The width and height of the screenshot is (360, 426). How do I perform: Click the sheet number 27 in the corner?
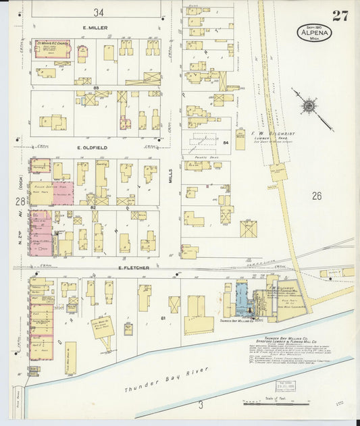point(340,16)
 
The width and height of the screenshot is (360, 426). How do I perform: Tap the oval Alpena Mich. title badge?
point(314,32)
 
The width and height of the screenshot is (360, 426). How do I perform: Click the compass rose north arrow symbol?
point(310,106)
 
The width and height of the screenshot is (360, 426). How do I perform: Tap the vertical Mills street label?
point(172,178)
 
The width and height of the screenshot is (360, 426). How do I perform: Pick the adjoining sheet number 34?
point(99,12)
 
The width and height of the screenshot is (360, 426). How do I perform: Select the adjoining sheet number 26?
point(317,196)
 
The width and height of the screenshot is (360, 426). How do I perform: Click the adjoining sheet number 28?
point(19,201)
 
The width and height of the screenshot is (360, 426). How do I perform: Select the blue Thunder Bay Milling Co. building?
point(241,297)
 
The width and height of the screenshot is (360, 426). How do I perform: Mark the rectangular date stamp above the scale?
point(284,386)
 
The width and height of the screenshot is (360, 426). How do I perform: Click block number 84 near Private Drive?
point(225,143)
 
